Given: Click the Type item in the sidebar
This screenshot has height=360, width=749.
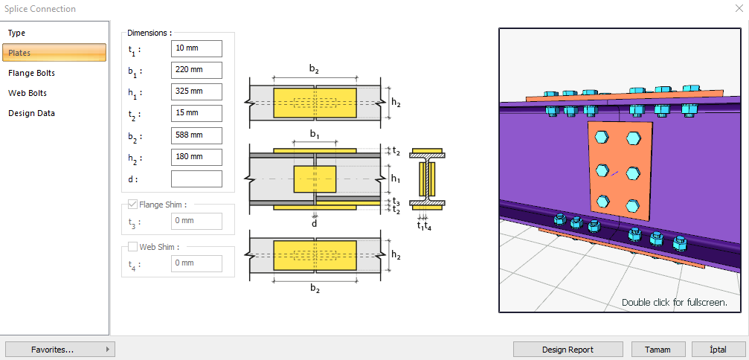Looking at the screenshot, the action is (x=16, y=33).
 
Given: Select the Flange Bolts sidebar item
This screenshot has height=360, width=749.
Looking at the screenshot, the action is (x=31, y=73).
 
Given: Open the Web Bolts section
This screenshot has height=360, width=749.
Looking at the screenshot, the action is (x=28, y=93).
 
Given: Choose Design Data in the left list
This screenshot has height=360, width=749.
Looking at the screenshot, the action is (x=31, y=113).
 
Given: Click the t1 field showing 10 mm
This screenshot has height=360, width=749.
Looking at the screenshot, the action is (x=196, y=48).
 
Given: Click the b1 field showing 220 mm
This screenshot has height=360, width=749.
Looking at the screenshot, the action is (x=196, y=70).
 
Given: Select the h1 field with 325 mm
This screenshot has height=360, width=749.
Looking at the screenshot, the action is (x=196, y=91).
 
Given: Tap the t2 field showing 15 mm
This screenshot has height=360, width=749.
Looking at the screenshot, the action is (x=196, y=113).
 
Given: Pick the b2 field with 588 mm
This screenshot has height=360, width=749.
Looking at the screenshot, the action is (x=196, y=135).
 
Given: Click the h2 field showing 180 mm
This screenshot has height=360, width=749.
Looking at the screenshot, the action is (x=196, y=157).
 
